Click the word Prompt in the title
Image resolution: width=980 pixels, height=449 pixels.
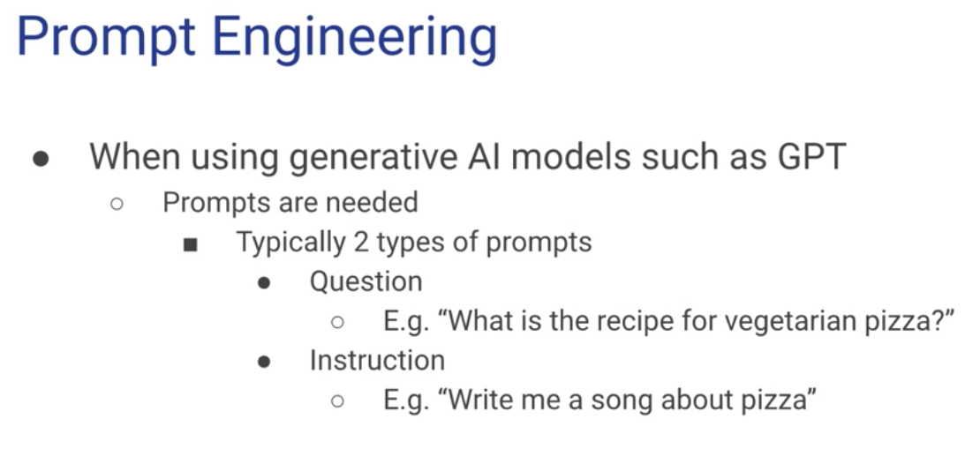[106, 37]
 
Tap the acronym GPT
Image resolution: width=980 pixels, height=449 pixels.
[812, 156]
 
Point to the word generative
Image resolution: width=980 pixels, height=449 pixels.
[373, 157]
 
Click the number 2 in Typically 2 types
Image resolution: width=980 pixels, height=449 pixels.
[360, 243]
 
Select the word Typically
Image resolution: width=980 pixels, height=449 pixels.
[290, 243]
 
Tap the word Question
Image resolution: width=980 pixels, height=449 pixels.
[366, 281]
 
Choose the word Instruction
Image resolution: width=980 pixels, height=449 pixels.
[378, 360]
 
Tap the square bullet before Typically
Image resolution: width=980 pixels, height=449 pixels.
[191, 245]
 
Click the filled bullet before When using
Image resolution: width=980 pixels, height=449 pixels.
[41, 159]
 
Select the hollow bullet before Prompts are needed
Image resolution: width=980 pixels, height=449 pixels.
[117, 204]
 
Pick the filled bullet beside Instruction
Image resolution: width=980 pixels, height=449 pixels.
[264, 362]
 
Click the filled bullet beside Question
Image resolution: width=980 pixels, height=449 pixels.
[264, 283]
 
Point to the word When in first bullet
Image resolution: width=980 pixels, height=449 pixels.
[134, 156]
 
